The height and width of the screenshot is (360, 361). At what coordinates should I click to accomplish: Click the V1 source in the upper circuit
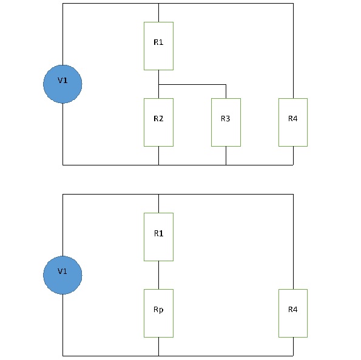click(62, 84)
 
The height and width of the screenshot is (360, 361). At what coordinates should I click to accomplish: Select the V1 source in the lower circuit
click(62, 275)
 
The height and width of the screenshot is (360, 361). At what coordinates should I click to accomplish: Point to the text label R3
click(225, 119)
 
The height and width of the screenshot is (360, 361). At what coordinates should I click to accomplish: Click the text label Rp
click(158, 310)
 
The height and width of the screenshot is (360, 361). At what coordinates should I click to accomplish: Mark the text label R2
click(158, 119)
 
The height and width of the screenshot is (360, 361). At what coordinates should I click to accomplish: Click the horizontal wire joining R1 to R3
click(192, 85)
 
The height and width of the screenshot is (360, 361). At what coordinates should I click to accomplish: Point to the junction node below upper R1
click(158, 85)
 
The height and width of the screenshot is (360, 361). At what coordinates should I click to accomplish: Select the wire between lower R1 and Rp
click(158, 275)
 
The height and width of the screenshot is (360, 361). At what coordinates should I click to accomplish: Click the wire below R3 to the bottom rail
click(226, 156)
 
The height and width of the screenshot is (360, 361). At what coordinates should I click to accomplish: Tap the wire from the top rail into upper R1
click(158, 13)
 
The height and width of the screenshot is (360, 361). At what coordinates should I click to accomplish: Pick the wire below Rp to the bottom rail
click(158, 347)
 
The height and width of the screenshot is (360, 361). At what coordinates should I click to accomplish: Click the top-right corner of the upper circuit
click(293, 4)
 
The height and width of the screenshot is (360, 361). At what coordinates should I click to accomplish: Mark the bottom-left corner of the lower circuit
click(63, 356)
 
